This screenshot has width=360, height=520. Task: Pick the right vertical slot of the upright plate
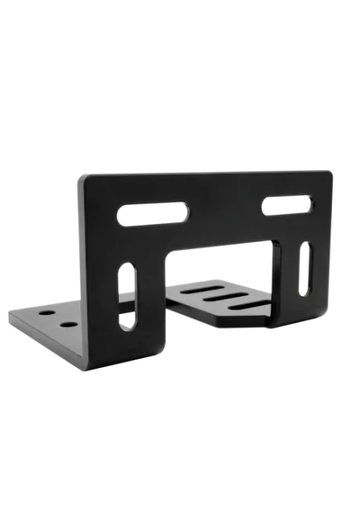click(x=304, y=269)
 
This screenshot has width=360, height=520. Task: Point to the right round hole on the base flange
click(x=67, y=323)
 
